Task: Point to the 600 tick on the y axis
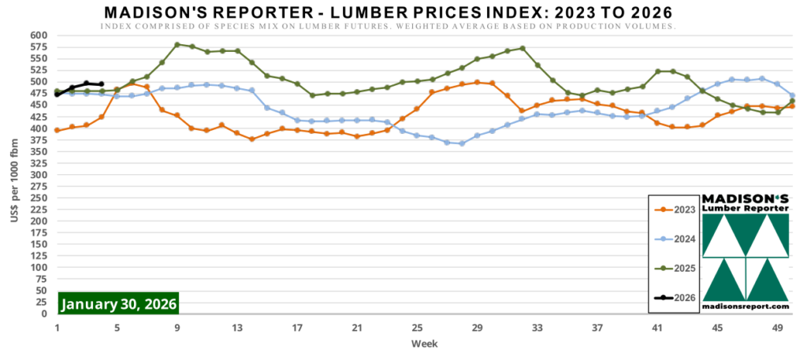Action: [39, 35]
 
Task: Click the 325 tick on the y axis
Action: [39, 163]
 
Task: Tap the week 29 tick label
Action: [477, 328]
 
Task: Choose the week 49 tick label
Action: [777, 328]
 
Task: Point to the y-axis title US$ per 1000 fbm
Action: [14, 174]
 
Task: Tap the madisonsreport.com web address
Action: [745, 306]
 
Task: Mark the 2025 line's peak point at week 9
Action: [177, 45]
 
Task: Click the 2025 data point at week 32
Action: [523, 49]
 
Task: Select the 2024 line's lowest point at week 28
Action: [462, 143]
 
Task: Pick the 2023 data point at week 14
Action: [252, 139]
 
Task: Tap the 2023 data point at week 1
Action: [57, 130]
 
